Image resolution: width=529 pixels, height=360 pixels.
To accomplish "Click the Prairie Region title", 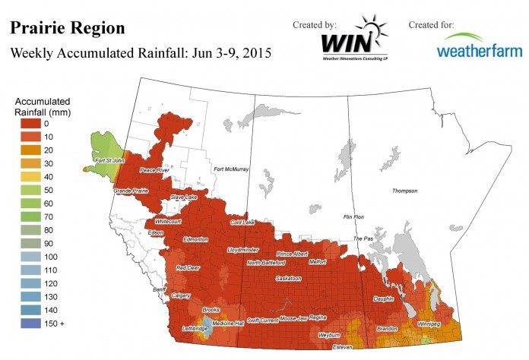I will [x=66, y=28].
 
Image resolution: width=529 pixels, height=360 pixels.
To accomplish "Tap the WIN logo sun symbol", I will [x=375, y=27].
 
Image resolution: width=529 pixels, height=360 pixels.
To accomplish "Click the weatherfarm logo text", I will [x=478, y=50].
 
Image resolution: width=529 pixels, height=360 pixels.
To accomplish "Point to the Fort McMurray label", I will [x=232, y=169].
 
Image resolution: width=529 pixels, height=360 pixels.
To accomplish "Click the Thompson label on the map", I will [x=405, y=191].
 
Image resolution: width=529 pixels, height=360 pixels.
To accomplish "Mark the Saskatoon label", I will [x=290, y=279].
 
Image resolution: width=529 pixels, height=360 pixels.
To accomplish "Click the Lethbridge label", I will [x=197, y=328].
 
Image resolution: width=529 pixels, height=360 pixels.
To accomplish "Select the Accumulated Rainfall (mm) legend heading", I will [x=43, y=106].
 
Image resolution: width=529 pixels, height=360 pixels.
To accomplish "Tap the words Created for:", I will [x=431, y=24].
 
